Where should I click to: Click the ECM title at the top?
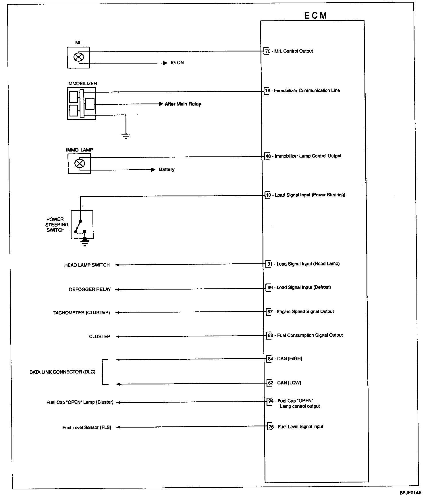tap(315, 16)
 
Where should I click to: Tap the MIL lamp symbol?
tap(78, 57)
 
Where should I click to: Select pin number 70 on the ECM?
tap(268, 51)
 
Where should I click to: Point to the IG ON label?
tap(177, 63)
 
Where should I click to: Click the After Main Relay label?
tap(183, 104)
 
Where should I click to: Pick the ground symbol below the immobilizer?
tap(126, 135)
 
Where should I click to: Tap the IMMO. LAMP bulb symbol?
tap(79, 164)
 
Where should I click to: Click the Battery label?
tap(167, 170)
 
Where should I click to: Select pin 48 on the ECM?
tap(268, 156)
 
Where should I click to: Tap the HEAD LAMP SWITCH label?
tap(87, 265)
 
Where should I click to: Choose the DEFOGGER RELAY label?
tap(90, 290)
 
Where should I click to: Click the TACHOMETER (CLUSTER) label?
tap(82, 313)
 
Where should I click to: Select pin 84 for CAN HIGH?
tap(270, 359)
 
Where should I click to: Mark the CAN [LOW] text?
tap(289, 383)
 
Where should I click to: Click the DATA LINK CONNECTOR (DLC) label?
tap(62, 372)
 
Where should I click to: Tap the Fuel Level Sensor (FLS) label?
tap(87, 428)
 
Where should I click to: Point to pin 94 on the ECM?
tap(271, 401)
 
